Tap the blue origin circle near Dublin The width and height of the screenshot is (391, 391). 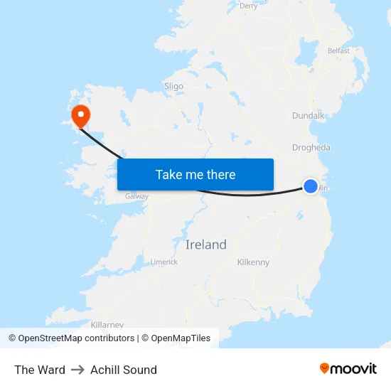[311, 186]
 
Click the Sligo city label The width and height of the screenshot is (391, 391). [173, 86]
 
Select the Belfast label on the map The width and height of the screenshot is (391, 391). [338, 51]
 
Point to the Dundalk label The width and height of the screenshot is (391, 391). [308, 115]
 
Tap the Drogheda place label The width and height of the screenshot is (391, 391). [311, 148]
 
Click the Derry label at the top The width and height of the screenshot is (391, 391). [249, 6]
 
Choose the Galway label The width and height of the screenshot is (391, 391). [136, 196]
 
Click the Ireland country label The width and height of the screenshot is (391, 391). [205, 245]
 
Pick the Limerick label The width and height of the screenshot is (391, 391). [164, 262]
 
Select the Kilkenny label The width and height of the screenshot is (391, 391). [253, 262]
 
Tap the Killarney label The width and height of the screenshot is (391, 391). [107, 324]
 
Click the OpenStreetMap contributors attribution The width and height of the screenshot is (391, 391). [76, 338]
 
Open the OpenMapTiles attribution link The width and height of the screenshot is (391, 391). [181, 338]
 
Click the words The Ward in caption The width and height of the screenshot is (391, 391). [40, 370]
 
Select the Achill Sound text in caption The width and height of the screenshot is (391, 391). [124, 370]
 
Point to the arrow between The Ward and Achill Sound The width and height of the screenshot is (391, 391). [77, 370]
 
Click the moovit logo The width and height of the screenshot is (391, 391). [348, 368]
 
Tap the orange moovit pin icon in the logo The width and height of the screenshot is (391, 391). [325, 368]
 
